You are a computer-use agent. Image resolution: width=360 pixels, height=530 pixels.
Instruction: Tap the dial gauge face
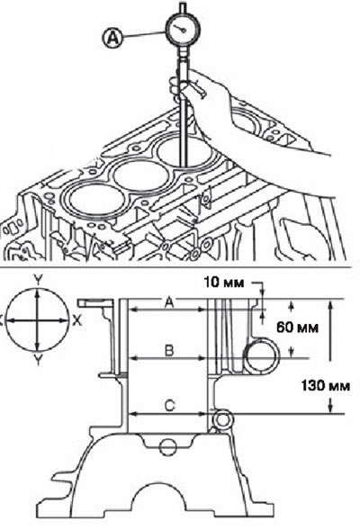(182, 30)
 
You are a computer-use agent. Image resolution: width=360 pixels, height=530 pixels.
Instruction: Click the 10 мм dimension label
(224, 283)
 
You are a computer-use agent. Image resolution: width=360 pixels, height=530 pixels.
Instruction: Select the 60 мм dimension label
(298, 328)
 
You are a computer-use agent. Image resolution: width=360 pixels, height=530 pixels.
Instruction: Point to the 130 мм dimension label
(325, 385)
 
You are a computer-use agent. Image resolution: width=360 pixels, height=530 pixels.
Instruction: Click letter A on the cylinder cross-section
(169, 302)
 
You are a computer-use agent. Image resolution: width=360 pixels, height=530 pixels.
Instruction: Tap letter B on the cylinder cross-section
(169, 351)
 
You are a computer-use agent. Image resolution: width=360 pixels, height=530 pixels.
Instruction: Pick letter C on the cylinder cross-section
(169, 405)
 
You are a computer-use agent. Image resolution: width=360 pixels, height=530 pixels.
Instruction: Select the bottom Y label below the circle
(38, 362)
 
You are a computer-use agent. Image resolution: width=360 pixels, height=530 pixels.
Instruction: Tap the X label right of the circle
(77, 320)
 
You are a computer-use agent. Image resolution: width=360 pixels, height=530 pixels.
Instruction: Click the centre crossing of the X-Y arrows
(37, 320)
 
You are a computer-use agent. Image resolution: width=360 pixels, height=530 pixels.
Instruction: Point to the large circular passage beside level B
(262, 357)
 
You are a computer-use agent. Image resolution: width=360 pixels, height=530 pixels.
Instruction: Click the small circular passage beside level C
(222, 420)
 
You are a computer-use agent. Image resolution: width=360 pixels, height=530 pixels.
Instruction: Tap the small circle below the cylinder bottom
(167, 447)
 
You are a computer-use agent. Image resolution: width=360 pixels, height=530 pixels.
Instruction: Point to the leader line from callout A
(145, 35)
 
